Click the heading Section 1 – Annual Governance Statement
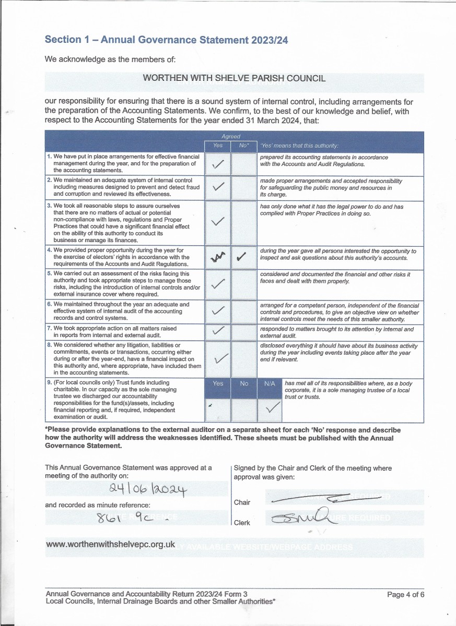(x=166, y=40)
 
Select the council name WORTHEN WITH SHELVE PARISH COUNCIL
(x=234, y=78)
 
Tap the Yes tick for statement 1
(x=218, y=165)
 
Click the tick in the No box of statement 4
(x=241, y=257)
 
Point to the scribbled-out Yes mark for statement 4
(x=217, y=257)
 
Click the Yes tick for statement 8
(x=221, y=358)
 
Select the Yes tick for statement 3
(x=218, y=222)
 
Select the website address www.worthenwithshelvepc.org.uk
(x=110, y=544)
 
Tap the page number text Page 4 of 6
(x=406, y=594)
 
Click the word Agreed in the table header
(x=230, y=137)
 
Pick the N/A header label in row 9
(x=270, y=383)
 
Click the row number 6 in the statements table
(x=49, y=304)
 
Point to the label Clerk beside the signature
(x=242, y=522)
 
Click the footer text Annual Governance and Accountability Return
(x=146, y=594)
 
